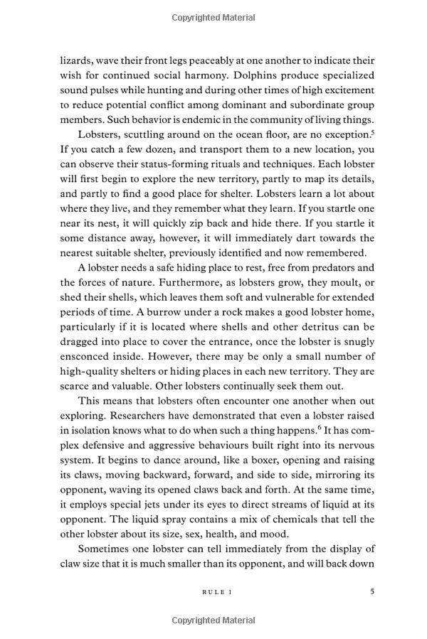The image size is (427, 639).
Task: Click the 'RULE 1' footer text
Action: (x=217, y=591)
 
